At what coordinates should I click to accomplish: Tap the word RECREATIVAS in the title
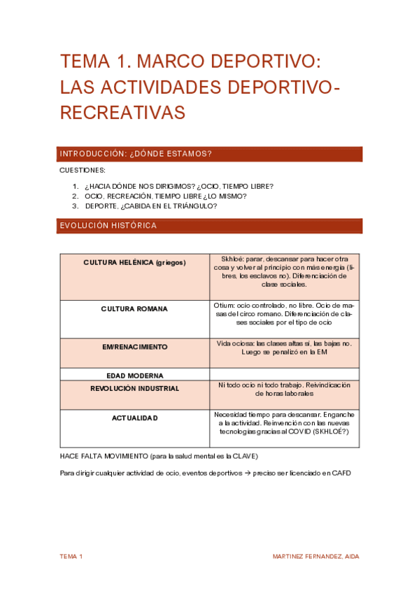122,111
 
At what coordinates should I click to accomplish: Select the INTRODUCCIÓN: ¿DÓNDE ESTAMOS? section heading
136,154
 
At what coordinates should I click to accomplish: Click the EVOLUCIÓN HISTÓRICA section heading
108,225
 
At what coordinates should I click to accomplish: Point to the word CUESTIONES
83,170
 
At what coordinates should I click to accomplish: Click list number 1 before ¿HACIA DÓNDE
76,186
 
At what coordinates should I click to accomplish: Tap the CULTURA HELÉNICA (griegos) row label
134,262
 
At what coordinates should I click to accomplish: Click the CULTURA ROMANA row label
134,308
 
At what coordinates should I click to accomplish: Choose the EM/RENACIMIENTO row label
134,347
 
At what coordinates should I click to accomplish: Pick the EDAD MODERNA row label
134,376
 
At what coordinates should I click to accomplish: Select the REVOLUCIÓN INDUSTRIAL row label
134,388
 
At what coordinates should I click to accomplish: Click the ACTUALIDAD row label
134,417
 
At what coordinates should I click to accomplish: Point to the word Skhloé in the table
232,259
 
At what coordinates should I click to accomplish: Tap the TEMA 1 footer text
71,556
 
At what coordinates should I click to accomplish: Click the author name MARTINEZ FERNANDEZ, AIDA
315,556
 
